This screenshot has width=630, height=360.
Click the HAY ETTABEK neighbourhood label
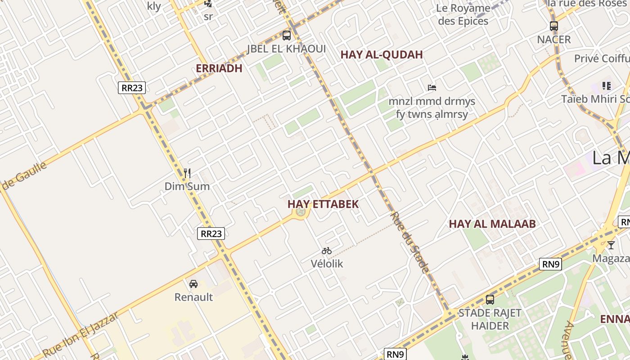point(323,204)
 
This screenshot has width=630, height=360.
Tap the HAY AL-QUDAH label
point(381,55)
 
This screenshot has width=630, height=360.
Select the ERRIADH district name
point(219,68)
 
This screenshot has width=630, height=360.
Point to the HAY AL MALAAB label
point(492,224)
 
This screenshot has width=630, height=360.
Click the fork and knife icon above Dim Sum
point(187,173)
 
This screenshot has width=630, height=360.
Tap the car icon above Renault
point(193,284)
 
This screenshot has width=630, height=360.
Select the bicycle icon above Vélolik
point(327,251)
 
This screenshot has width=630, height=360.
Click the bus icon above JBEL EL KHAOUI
point(286,35)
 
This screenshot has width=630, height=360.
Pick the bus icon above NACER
point(553,26)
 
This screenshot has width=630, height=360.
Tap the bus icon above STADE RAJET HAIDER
point(490,299)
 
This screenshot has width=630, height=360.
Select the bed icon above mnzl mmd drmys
point(432,87)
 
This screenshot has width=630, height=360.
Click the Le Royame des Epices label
point(463,14)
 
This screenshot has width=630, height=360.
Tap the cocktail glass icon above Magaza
point(611,245)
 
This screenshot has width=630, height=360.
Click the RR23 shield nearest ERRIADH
point(132,88)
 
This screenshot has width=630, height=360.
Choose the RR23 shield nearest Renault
point(211,234)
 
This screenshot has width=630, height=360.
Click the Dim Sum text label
point(187,186)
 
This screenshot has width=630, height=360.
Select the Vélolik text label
point(327,264)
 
